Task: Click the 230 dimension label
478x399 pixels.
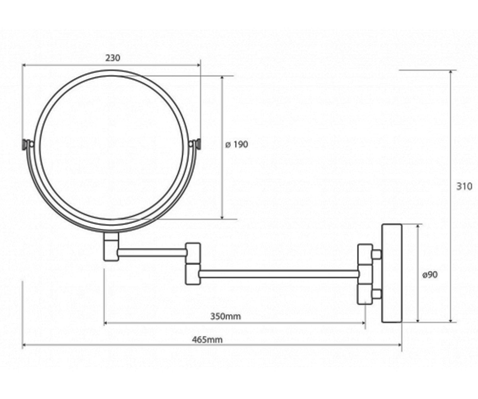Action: point(113,58)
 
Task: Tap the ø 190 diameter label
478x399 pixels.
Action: point(237,144)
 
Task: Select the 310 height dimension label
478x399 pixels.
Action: point(464,186)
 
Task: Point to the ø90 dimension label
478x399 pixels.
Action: point(430,275)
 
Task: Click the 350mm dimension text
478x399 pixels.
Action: point(225,316)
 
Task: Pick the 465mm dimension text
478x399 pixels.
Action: point(207,340)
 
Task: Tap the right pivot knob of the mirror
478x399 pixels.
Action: point(198,144)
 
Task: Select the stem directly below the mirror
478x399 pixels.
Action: point(111,247)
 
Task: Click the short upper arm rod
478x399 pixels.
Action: point(152,253)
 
